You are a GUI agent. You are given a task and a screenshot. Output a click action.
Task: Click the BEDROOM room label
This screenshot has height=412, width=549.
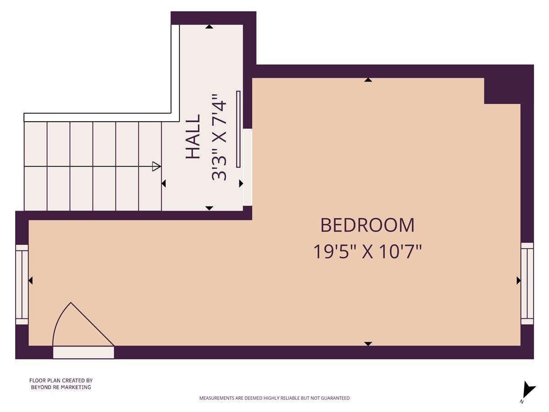[367, 225]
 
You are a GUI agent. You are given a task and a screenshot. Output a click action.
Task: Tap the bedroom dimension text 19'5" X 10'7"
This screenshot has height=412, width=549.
[367, 252]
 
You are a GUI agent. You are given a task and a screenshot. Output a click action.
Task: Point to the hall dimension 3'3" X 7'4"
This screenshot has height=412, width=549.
[219, 137]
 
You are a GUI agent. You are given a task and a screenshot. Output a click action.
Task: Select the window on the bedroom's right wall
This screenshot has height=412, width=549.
[527, 283]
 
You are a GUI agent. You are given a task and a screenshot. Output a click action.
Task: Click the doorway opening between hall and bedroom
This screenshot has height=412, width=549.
[248, 167]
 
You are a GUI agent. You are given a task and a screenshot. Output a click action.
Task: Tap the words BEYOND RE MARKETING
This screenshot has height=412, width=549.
[61, 387]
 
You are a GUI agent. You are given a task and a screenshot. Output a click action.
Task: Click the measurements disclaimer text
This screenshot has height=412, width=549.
[274, 398]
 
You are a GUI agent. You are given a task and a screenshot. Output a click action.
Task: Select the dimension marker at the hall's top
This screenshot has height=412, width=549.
[209, 27]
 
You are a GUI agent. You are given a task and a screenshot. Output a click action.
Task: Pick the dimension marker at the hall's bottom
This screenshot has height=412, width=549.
[209, 208]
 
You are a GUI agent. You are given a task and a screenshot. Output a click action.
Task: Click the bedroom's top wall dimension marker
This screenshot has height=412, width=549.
[368, 80]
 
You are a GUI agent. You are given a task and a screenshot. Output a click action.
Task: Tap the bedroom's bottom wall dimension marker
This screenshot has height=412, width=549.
[368, 343]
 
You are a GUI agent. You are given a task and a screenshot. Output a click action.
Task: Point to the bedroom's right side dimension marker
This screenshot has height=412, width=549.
[518, 280]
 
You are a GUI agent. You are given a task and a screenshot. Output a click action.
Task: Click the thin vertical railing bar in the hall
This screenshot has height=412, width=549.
[238, 129]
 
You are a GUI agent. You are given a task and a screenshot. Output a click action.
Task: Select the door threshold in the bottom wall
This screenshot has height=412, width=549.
[83, 352]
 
